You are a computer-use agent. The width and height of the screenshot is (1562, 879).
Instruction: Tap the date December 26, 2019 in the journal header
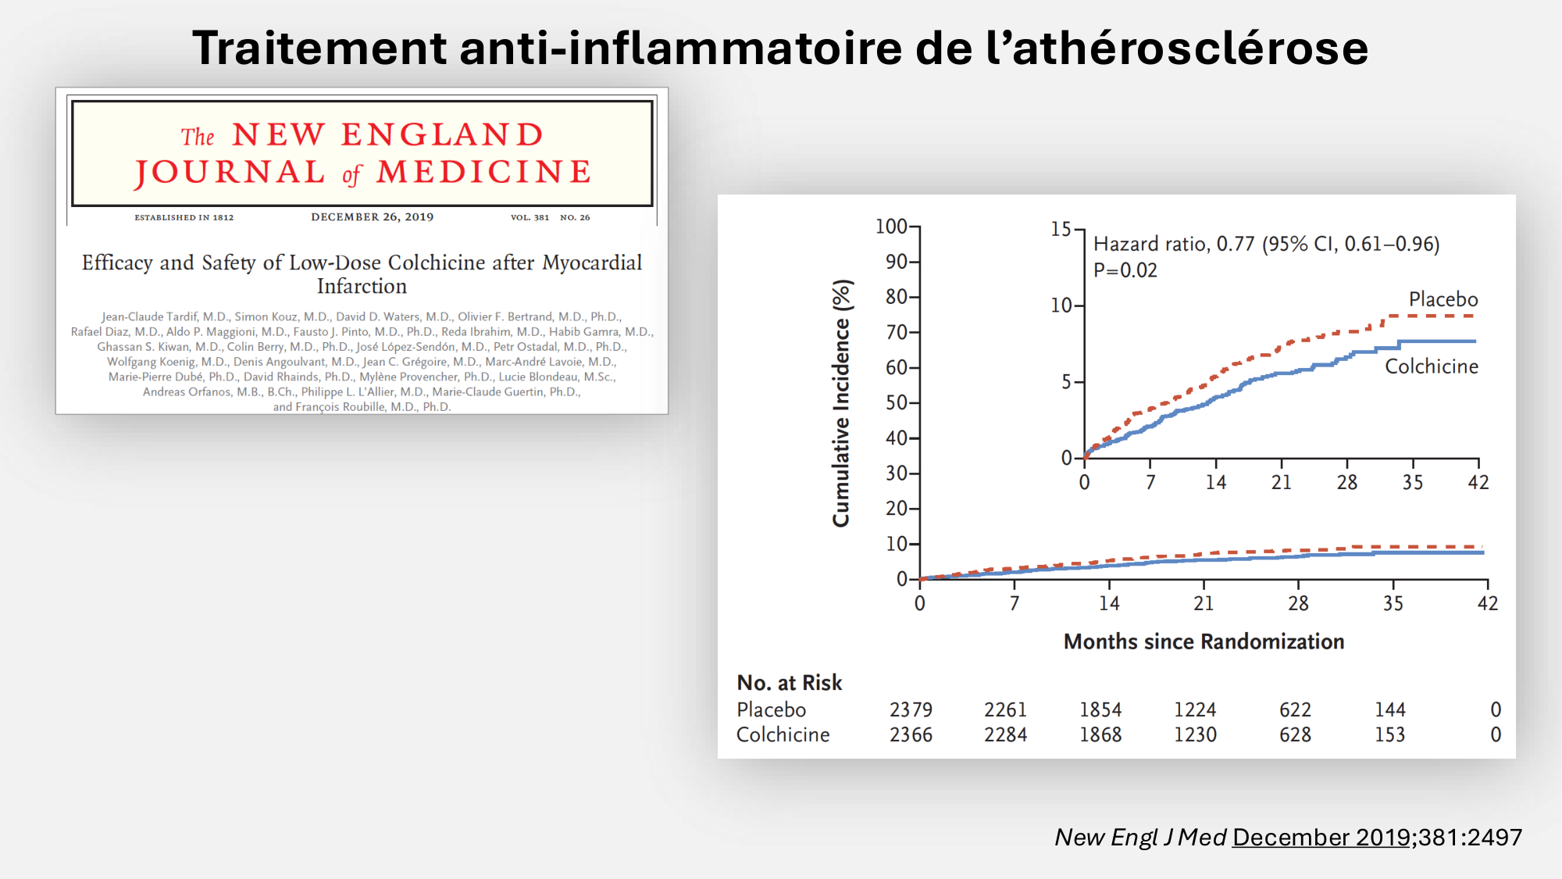point(372,217)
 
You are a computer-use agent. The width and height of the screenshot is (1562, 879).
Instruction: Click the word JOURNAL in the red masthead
point(230,173)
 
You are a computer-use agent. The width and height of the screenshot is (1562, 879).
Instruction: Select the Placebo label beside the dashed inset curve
point(1443,299)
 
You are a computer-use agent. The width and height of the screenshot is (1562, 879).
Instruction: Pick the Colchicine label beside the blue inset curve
point(1431,366)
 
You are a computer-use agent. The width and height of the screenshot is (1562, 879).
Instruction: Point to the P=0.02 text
point(1125,270)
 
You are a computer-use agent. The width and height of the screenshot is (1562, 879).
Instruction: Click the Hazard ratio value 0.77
point(1235,245)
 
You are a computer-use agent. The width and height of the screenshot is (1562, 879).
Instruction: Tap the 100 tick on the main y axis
point(891,227)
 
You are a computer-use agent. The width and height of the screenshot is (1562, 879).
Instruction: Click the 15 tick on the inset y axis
point(1061,229)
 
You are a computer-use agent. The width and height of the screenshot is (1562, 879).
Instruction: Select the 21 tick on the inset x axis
point(1281,482)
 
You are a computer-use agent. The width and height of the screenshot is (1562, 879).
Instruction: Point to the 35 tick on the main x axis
point(1393,603)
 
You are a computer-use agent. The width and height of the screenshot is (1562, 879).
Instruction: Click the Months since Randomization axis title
point(1204,641)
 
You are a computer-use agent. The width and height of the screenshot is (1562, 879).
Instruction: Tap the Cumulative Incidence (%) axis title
point(841,403)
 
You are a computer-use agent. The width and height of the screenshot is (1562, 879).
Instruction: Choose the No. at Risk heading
point(789,683)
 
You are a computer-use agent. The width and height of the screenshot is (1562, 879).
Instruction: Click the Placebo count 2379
point(911,709)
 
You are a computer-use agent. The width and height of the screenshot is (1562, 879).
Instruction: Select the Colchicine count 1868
point(1100,734)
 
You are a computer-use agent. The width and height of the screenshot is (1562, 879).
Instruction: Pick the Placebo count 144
point(1389,709)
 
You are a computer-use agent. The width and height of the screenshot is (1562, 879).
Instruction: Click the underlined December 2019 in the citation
point(1321,837)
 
